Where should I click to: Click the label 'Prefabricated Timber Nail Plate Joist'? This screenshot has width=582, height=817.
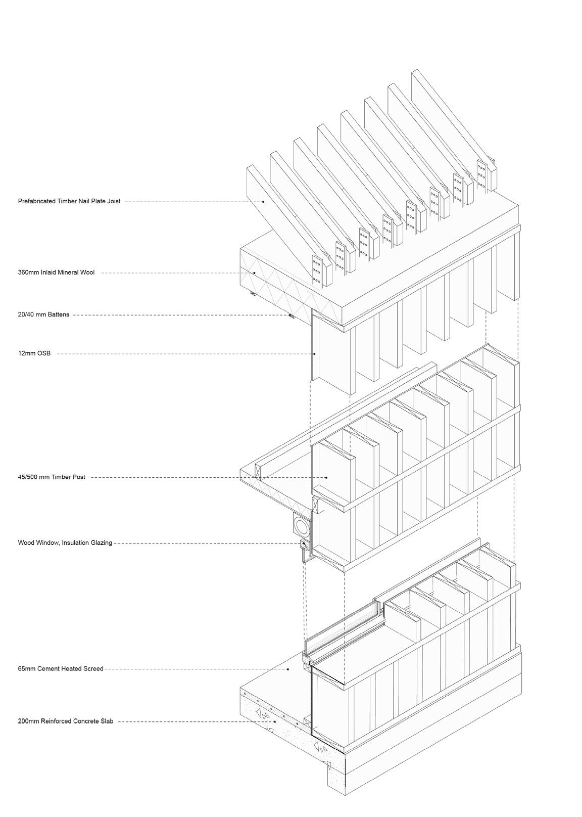pyautogui.click(x=69, y=201)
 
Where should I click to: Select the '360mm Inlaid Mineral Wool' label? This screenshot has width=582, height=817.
pyautogui.click(x=56, y=273)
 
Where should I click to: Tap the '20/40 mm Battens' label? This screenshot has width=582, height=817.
pyautogui.click(x=43, y=314)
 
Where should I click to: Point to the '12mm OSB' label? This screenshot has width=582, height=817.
pyautogui.click(x=34, y=353)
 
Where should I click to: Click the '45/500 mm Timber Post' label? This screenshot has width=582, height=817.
pyautogui.click(x=52, y=477)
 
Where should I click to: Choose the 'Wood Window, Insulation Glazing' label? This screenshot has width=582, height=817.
pyautogui.click(x=65, y=543)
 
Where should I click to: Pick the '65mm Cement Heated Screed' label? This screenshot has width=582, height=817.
pyautogui.click(x=61, y=669)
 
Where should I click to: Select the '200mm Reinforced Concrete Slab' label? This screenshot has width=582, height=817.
pyautogui.click(x=66, y=721)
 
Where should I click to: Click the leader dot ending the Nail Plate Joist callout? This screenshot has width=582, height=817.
pyautogui.click(x=263, y=201)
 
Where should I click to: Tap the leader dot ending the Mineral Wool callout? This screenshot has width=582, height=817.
pyautogui.click(x=255, y=273)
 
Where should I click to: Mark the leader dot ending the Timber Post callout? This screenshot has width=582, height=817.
pyautogui.click(x=327, y=477)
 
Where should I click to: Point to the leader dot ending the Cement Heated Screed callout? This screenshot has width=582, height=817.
pyautogui.click(x=288, y=669)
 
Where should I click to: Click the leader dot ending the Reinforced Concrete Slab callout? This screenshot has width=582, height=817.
pyautogui.click(x=275, y=721)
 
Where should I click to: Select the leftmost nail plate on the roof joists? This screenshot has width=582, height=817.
pyautogui.click(x=317, y=270)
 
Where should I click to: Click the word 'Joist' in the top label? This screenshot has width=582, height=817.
pyautogui.click(x=114, y=201)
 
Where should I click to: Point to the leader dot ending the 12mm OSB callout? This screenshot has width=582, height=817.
pyautogui.click(x=314, y=353)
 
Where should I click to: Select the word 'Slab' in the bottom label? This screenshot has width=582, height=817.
pyautogui.click(x=107, y=721)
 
